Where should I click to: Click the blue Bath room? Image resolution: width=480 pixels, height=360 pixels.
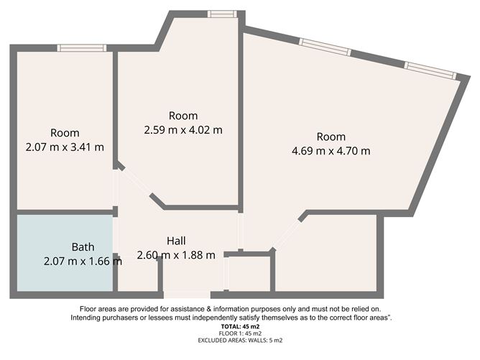coord(65,253)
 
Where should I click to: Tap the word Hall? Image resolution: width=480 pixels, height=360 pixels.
coord(176,241)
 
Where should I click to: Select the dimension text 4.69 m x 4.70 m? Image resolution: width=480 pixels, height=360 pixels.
coord(331,151)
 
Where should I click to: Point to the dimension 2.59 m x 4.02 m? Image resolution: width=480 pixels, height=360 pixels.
coord(183,130)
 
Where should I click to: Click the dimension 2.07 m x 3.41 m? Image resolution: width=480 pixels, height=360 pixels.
coord(65,147)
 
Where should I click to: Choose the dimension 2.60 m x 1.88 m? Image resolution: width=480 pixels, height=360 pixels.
coord(176,255)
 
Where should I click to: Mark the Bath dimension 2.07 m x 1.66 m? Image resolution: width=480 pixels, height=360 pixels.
coord(83,262)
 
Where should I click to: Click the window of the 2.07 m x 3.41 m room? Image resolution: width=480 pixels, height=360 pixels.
coord(82,48)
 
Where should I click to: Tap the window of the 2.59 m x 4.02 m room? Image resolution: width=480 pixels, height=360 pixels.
coord(222,14)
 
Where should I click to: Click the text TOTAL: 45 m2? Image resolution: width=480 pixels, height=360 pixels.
coord(240,327)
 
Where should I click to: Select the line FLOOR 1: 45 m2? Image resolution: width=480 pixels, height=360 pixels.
coord(240,333)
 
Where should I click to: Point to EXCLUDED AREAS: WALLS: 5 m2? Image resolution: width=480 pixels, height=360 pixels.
coord(240,341)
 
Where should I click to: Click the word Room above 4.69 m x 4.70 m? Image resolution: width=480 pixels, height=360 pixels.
coord(331,137)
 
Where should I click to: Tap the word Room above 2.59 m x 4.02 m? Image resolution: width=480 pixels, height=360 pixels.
coord(183,116)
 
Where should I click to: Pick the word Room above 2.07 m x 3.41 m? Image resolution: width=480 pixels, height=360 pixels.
coord(65,133)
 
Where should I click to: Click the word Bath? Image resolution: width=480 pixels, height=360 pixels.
coord(83,247)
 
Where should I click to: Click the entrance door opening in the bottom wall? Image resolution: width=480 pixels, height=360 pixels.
coord(187,295)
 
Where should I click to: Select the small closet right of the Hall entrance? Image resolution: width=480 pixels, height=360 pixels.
coord(249,274)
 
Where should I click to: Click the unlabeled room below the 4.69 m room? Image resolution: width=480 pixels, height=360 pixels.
coord(326,253)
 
